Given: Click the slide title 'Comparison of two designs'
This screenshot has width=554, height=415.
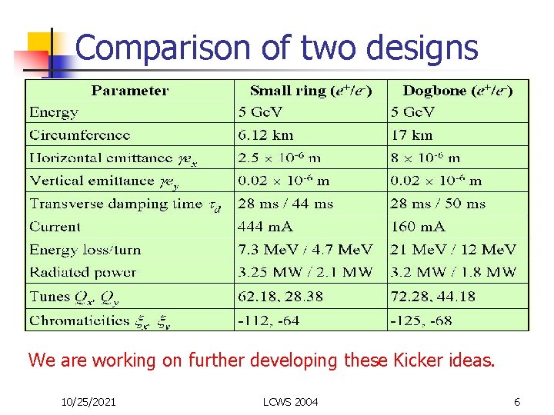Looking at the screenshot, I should (277, 48).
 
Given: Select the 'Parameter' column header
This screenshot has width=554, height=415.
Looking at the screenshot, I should (129, 91).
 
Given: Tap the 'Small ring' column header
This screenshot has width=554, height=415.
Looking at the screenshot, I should (311, 91).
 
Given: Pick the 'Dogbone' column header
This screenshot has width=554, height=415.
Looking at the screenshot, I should (458, 91).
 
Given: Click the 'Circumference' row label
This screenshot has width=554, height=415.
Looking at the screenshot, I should (79, 135).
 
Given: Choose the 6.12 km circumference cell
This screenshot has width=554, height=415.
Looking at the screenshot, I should (265, 135).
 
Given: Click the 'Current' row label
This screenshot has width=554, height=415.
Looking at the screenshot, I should (55, 227).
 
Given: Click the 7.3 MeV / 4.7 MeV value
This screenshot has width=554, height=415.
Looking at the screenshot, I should (305, 250).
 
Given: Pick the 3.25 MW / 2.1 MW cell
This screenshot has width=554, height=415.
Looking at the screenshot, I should (305, 272).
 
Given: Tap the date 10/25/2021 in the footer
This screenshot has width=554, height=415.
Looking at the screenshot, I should (88, 402).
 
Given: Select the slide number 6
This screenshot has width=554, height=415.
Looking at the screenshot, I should (517, 402).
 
